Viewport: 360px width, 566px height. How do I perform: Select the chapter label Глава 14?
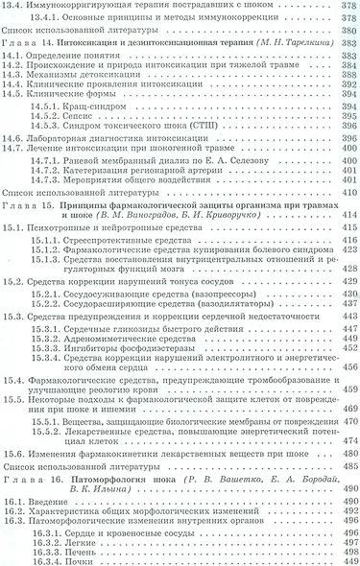tap(28, 44)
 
